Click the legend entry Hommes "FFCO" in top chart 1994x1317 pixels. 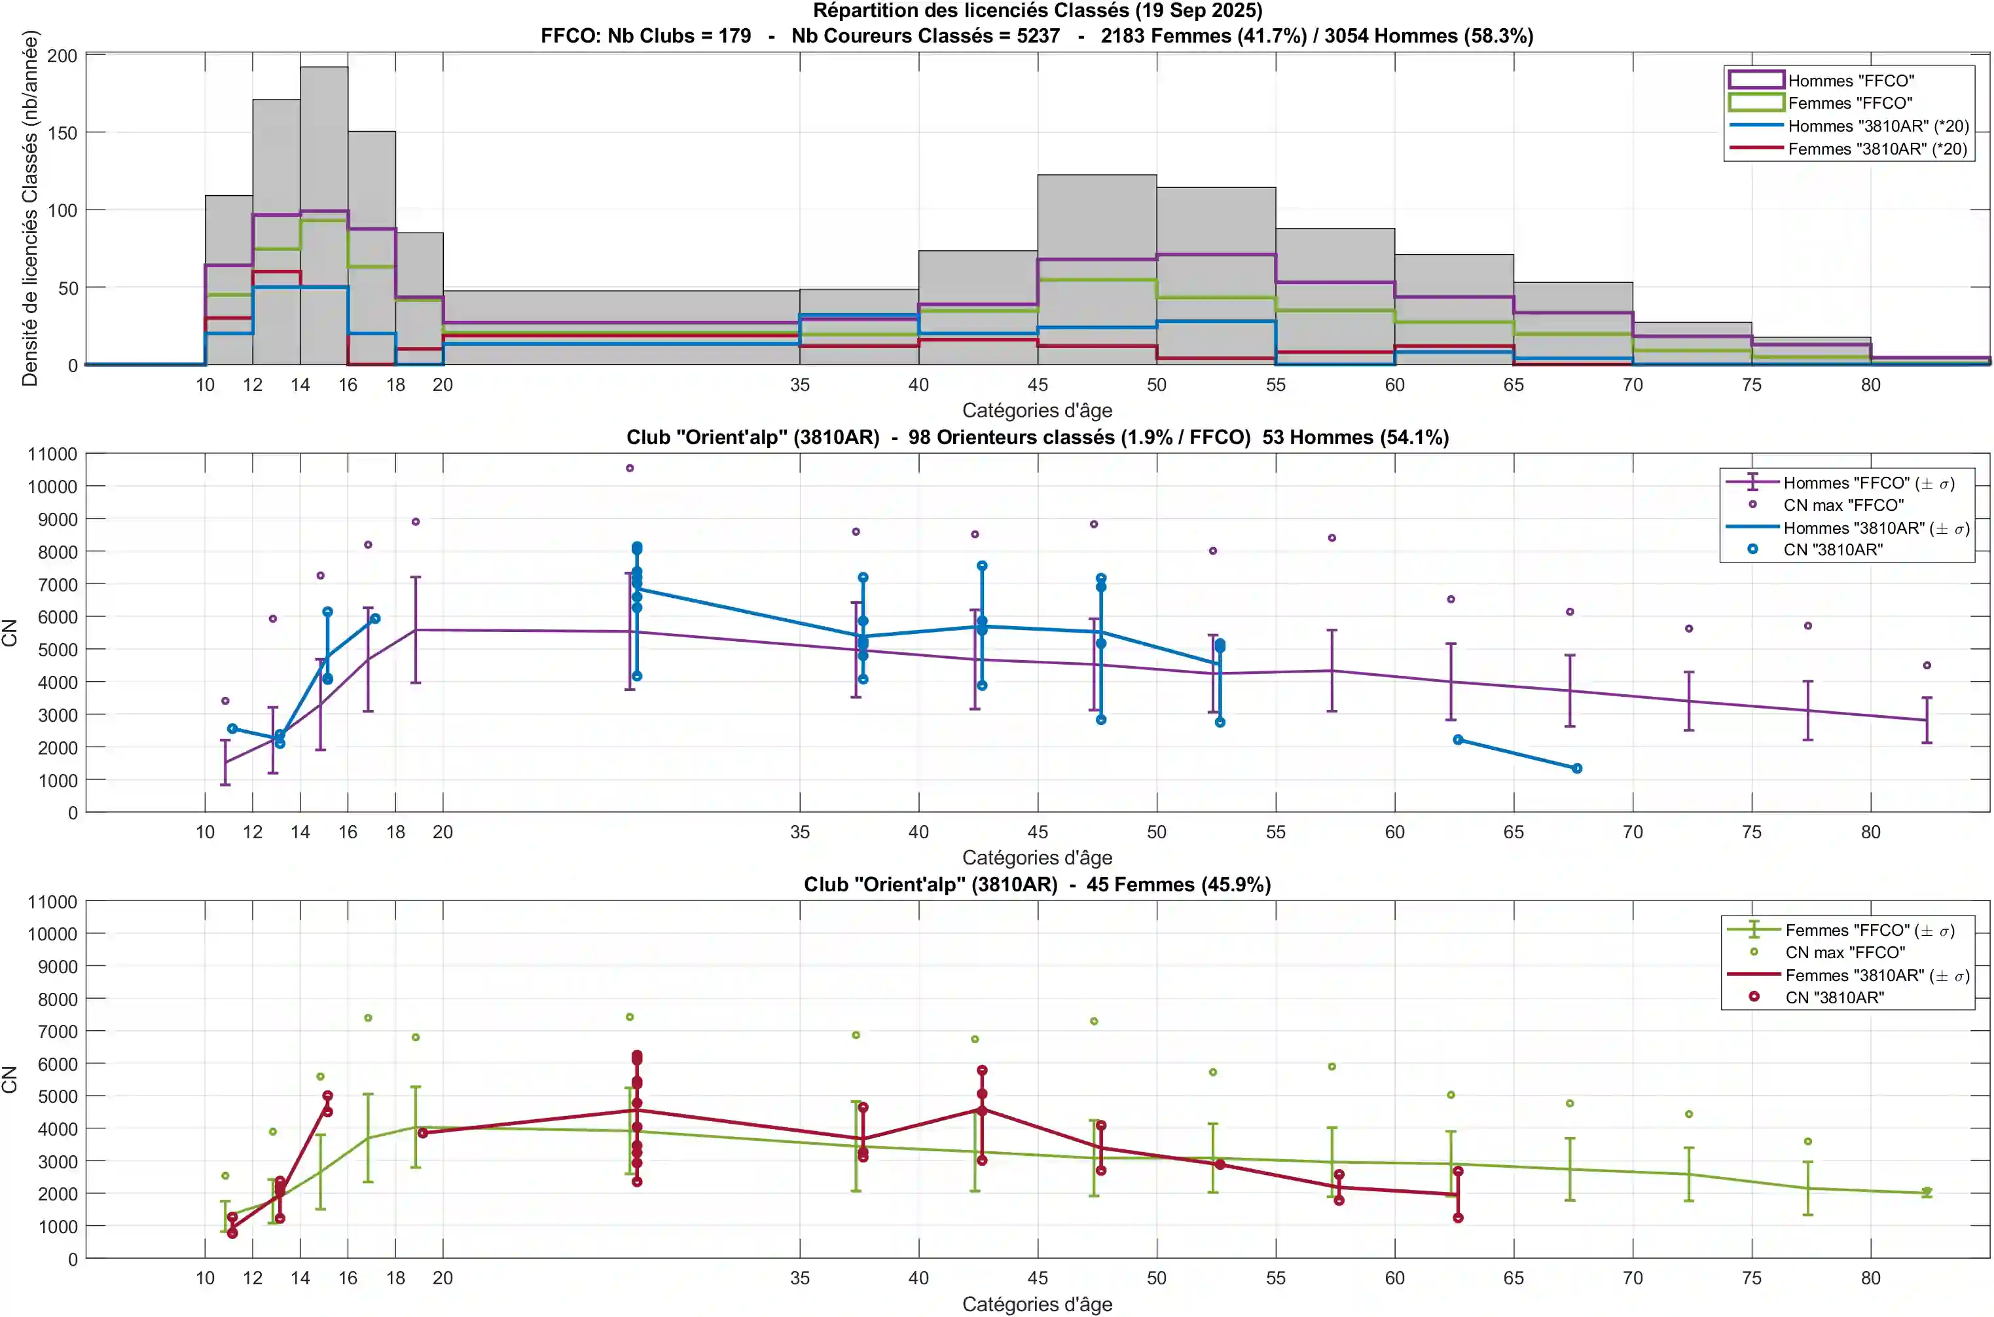[x=1851, y=81]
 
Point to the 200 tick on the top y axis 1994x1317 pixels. [x=62, y=56]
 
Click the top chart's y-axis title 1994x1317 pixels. [x=30, y=208]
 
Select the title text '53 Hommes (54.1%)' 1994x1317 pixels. [x=1355, y=437]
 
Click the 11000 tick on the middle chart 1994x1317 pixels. [x=52, y=454]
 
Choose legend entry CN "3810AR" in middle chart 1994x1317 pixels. [x=1833, y=550]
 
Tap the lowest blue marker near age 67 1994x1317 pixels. [x=1577, y=769]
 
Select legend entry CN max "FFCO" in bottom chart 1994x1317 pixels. [x=1845, y=952]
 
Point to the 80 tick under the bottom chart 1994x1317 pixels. [x=1870, y=1278]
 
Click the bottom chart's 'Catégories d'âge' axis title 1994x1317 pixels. [x=1037, y=1305]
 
